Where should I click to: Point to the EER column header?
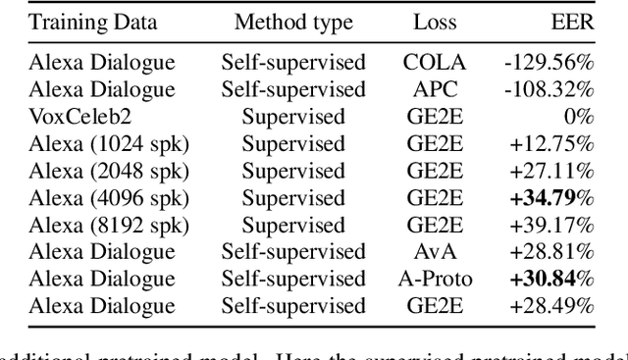point(574,22)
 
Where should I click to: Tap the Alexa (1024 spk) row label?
point(109,143)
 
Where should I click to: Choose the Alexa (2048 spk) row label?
point(109,171)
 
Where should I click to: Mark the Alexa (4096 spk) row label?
point(109,197)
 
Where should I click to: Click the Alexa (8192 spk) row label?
point(109,225)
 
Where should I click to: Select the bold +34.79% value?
point(551,197)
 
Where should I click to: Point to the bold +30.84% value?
point(551,280)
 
